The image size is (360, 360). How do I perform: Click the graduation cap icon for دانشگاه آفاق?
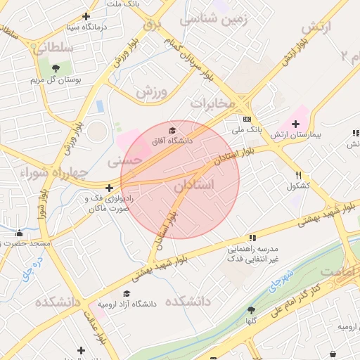(173, 130)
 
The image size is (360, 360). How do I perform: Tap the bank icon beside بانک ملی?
(247, 119)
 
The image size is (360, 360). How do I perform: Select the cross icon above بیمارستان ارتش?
(296, 124)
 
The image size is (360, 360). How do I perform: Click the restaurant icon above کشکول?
(299, 175)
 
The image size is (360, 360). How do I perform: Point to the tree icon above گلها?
(251, 310)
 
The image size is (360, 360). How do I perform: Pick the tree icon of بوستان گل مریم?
(55, 68)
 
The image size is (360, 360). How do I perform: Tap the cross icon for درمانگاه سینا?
(86, 16)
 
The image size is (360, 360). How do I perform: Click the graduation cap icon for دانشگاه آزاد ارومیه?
(127, 294)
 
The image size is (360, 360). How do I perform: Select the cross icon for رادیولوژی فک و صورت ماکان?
(109, 188)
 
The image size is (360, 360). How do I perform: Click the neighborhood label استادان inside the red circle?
(192, 186)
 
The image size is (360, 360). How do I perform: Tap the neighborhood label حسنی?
(124, 161)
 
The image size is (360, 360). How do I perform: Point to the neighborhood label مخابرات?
(212, 103)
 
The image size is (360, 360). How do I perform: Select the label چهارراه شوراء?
(54, 172)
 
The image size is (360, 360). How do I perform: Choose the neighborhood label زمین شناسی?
(214, 20)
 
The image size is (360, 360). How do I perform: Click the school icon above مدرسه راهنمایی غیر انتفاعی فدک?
(252, 238)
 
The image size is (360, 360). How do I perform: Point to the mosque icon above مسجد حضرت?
(19, 233)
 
